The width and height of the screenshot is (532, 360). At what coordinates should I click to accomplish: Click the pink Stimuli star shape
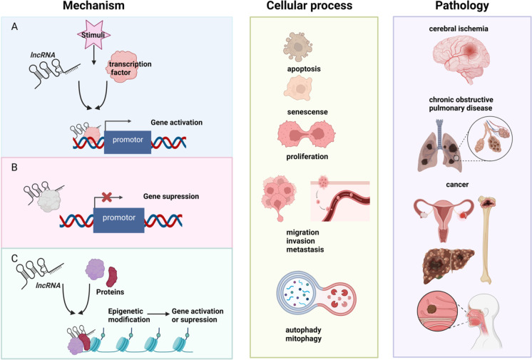pyautogui.click(x=94, y=34)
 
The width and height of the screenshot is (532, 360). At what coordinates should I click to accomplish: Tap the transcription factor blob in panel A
pyautogui.click(x=123, y=67)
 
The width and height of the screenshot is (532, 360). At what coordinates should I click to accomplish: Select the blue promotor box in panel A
pyautogui.click(x=128, y=142)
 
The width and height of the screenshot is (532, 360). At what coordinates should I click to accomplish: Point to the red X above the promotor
pyautogui.click(x=107, y=197)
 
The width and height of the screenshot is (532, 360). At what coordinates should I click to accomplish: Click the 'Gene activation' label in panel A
pyautogui.click(x=176, y=123)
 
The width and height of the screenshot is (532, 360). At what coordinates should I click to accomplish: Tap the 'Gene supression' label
pyautogui.click(x=171, y=197)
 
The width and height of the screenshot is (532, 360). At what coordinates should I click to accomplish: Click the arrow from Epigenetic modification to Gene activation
pyautogui.click(x=160, y=314)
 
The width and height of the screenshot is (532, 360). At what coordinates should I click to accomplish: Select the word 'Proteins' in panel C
pyautogui.click(x=110, y=292)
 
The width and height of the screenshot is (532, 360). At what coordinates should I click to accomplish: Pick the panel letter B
pyautogui.click(x=14, y=168)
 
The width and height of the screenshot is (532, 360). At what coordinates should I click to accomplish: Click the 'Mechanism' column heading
pyautogui.click(x=93, y=6)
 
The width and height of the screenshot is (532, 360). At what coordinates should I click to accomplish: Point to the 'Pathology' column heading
pyautogui.click(x=462, y=6)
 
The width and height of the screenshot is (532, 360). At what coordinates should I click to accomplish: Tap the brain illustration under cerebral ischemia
pyautogui.click(x=461, y=58)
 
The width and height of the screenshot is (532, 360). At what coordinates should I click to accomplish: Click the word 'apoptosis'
pyautogui.click(x=304, y=69)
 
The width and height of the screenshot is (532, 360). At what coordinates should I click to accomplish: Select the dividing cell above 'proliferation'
pyautogui.click(x=307, y=134)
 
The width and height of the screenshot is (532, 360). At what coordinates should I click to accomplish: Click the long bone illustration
pyautogui.click(x=487, y=240)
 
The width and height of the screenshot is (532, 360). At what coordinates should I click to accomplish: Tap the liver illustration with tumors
pyautogui.click(x=449, y=266)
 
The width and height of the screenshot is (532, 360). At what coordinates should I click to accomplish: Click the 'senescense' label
pyautogui.click(x=307, y=112)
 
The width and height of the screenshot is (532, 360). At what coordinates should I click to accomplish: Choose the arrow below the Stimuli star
pyautogui.click(x=94, y=57)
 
